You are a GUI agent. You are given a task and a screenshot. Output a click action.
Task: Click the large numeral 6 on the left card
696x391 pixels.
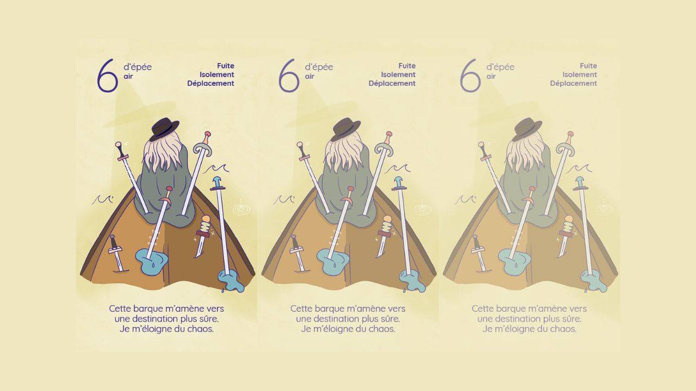107,76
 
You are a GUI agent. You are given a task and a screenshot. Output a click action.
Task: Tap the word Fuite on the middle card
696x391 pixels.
407,66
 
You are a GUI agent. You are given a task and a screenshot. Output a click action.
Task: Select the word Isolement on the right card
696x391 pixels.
580,74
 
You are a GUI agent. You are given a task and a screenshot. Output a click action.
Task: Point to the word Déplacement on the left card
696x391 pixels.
210,84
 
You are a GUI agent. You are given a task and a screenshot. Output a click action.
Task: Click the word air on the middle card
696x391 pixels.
309,77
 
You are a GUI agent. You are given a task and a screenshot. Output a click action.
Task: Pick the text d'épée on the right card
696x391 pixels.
500,67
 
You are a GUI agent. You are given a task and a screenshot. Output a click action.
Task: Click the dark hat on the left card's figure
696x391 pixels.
165,129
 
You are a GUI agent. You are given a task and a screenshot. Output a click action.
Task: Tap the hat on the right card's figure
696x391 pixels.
528,129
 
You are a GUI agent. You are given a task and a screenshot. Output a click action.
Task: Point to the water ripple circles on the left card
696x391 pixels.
241,209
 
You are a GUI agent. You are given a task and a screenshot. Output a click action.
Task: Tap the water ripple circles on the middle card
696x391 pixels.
423,209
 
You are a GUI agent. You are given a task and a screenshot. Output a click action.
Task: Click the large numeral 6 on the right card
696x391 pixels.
470,76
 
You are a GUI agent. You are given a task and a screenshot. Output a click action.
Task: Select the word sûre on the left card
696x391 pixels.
209,319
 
